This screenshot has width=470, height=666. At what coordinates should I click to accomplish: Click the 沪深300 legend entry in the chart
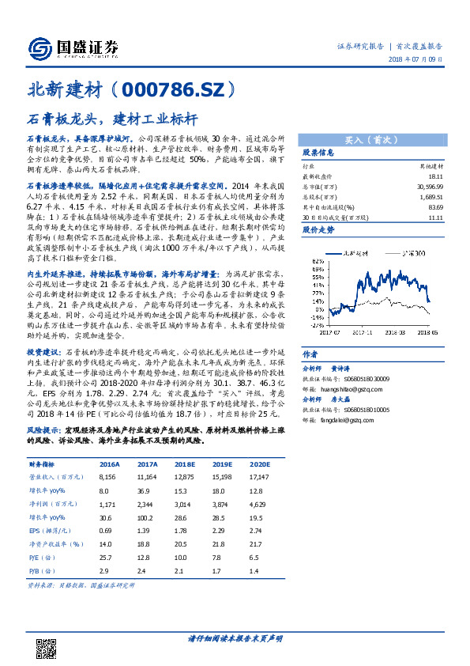tap(410, 252)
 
